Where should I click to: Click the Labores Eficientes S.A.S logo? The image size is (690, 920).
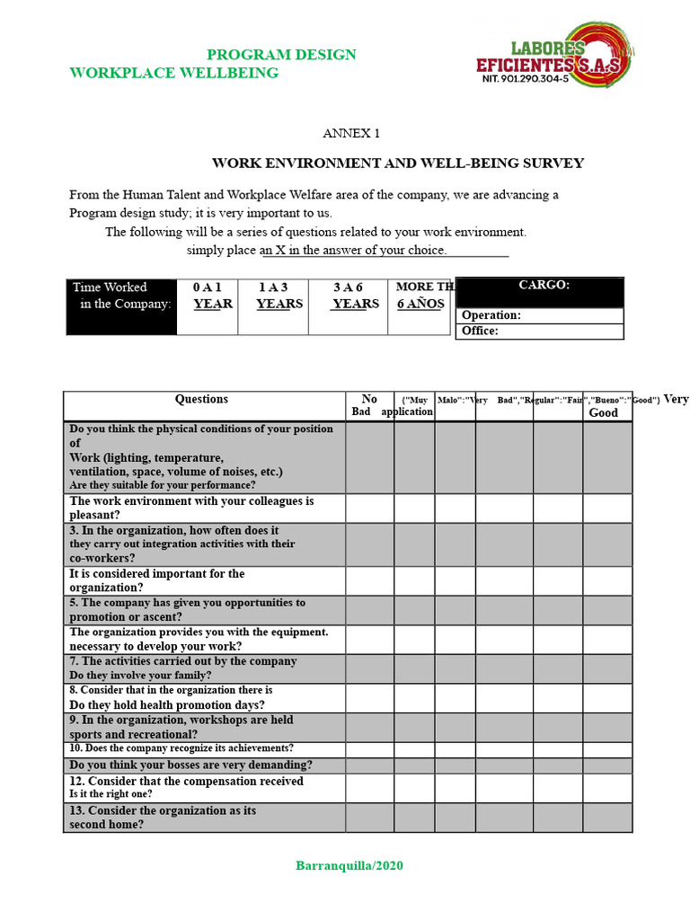tap(553, 55)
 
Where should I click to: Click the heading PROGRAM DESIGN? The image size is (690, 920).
tap(281, 55)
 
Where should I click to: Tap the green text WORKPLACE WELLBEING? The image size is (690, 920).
tap(174, 73)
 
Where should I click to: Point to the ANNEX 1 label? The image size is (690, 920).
tap(351, 133)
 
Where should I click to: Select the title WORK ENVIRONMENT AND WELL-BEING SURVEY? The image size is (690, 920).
tap(397, 164)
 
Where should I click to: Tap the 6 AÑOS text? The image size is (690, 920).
tap(420, 304)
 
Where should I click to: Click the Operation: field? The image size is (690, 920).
tap(540, 315)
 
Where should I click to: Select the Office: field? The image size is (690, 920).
tap(540, 331)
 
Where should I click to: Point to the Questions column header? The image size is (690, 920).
tap(202, 400)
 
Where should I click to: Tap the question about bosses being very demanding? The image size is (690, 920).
tap(191, 765)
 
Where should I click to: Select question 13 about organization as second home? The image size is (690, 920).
tap(163, 818)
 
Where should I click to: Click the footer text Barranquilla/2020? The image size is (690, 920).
tap(349, 866)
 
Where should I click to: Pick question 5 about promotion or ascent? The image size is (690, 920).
tap(187, 610)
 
